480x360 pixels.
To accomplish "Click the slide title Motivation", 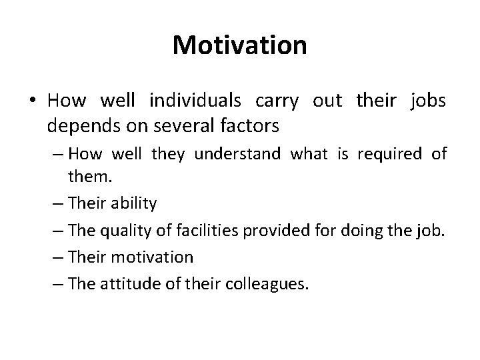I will click(x=239, y=45).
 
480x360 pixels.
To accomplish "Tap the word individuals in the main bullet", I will click(x=197, y=101).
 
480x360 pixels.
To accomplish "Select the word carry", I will click(x=275, y=101).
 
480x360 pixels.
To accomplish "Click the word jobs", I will click(x=428, y=101).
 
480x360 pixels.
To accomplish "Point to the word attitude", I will click(x=127, y=283).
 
